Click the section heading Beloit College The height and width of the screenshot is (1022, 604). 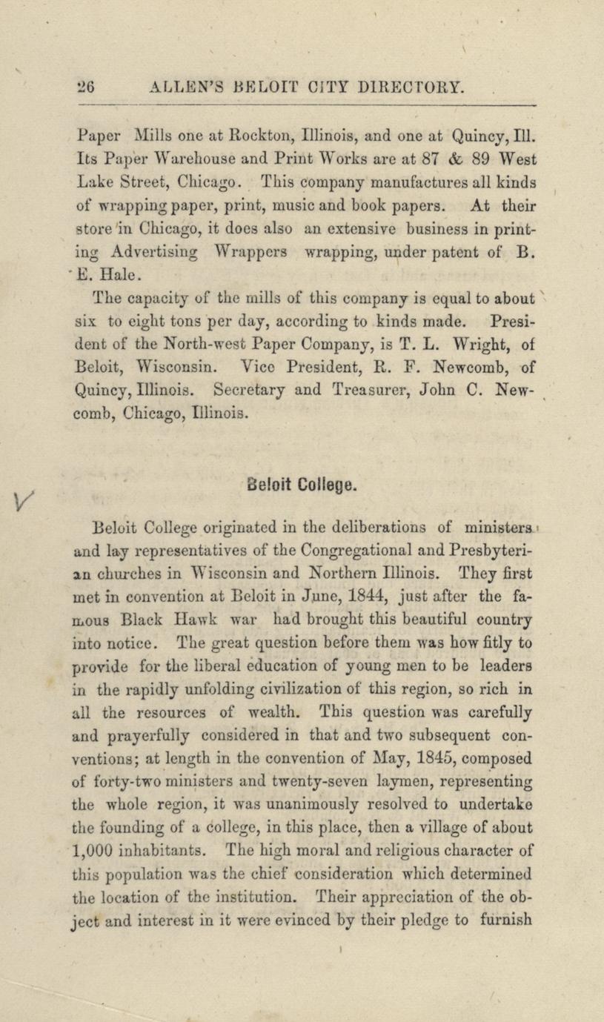(303, 485)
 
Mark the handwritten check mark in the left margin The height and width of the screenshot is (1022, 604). (22, 505)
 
